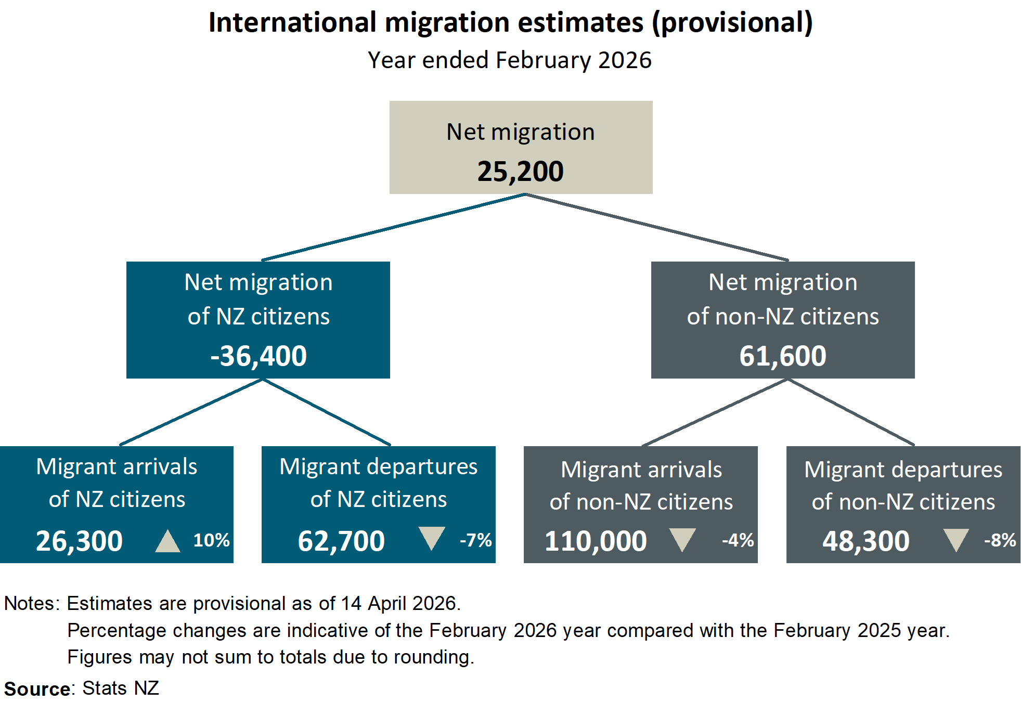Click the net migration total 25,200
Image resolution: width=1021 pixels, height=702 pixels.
[520, 172]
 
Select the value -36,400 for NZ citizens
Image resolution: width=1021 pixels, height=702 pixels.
[259, 356]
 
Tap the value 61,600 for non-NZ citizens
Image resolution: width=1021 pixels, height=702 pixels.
[782, 356]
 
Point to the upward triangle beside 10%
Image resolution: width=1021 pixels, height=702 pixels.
[167, 542]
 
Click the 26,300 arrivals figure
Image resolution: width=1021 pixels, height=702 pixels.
[79, 541]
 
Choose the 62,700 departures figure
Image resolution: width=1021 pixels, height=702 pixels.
[341, 541]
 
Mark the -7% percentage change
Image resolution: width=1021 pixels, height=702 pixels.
[475, 540]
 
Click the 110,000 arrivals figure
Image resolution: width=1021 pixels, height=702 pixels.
[596, 541]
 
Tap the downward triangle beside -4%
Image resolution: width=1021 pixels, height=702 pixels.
[682, 539]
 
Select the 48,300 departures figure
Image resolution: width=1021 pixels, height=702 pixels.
[866, 541]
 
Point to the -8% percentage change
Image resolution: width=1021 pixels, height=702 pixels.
[1000, 540]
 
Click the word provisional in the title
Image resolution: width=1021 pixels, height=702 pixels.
[732, 23]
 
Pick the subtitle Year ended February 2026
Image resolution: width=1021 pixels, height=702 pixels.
[510, 60]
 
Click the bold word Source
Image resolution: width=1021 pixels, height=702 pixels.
[37, 689]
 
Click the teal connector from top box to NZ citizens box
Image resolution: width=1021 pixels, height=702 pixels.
[393, 227]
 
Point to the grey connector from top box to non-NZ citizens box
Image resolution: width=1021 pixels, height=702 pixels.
[656, 227]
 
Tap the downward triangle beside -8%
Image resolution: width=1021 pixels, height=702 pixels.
[956, 539]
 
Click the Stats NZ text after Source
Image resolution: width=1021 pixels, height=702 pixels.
[121, 688]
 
